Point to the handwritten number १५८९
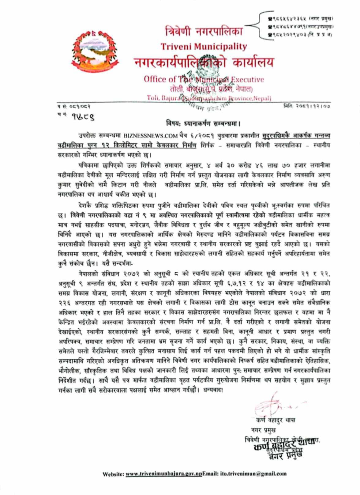pyautogui.click(x=73, y=115)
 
